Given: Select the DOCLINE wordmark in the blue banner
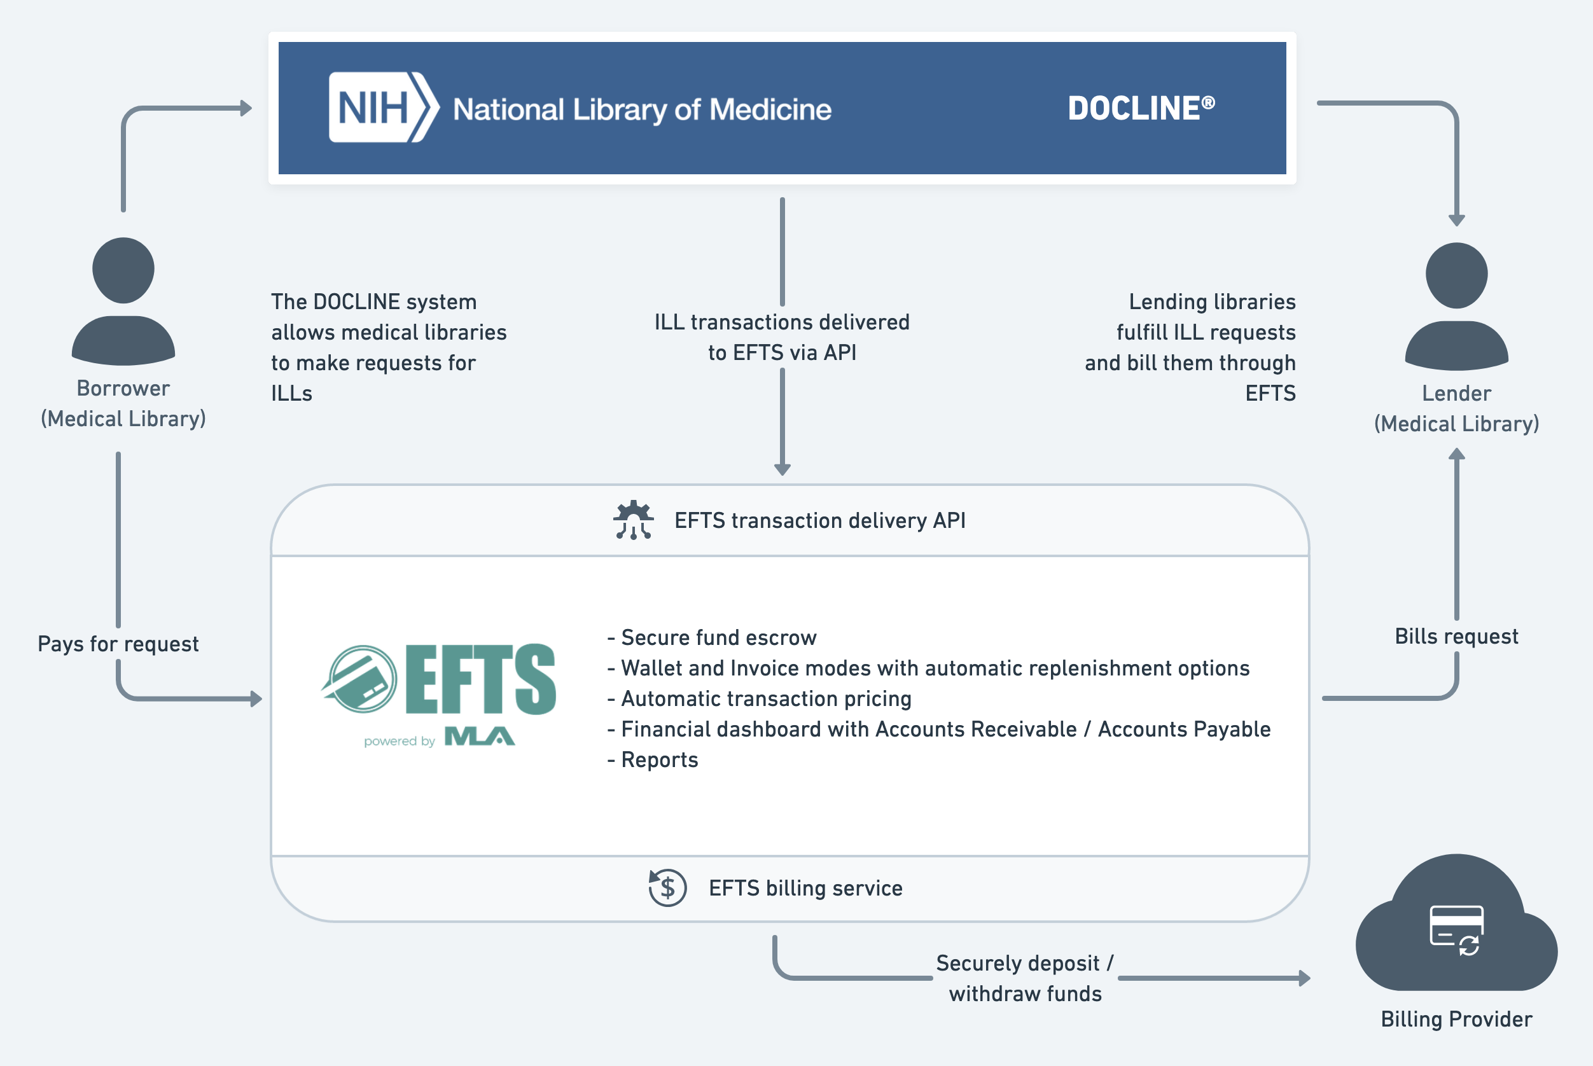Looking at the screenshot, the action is tap(1141, 108).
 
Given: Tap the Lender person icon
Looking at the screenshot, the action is tap(1456, 306).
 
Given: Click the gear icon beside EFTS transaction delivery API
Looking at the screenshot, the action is tap(634, 520).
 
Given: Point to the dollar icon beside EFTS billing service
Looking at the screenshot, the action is tap(667, 888).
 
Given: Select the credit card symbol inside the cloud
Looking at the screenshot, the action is tap(1456, 930).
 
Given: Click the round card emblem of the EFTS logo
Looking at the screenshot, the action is tap(359, 679).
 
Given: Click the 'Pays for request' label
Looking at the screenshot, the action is tap(118, 644).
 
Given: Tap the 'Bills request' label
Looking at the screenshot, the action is tap(1456, 636).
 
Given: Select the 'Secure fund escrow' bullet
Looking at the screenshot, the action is tap(712, 638).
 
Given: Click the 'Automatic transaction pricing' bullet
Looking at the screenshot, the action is tap(760, 699).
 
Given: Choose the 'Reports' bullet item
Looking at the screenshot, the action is tap(653, 759).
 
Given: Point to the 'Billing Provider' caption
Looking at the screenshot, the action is tap(1456, 1019).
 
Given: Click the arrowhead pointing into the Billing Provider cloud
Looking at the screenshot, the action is tap(1305, 978).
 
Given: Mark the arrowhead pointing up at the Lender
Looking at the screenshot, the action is tap(1456, 454).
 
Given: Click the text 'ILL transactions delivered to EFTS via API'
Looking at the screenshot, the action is tap(782, 337).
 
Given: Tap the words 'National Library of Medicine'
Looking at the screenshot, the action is tap(643, 109).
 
